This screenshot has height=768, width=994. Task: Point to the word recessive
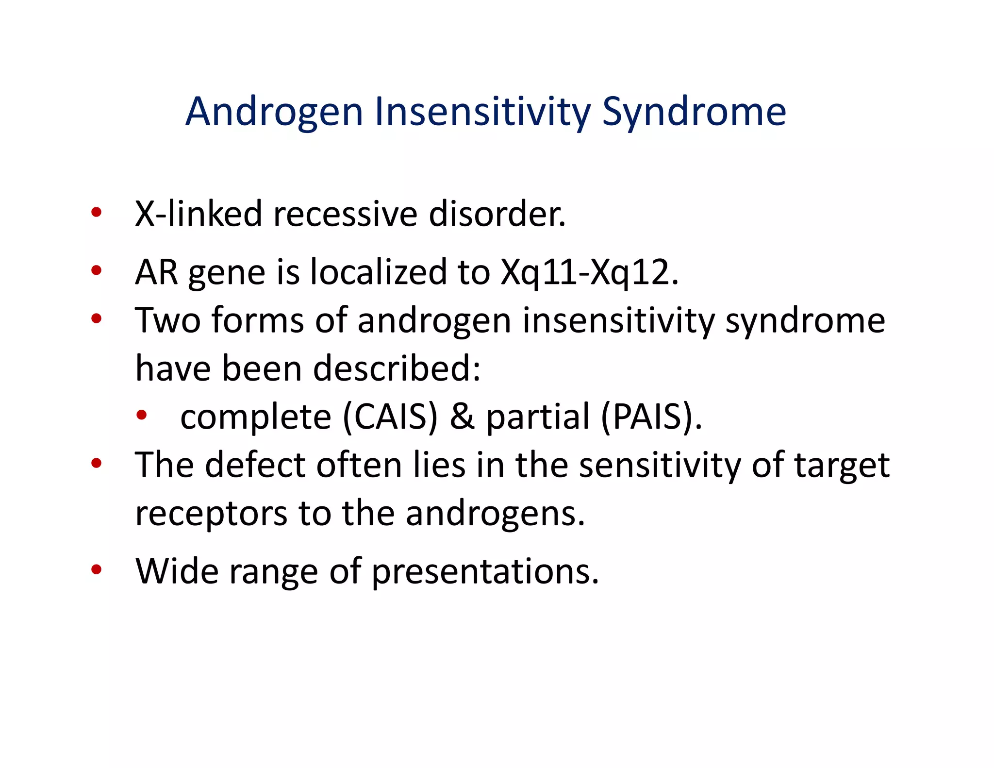click(345, 214)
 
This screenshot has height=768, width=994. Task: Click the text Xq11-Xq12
click(588, 272)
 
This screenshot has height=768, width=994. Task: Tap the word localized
click(378, 272)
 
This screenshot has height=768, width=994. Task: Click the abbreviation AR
click(156, 272)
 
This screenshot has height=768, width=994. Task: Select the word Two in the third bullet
click(167, 321)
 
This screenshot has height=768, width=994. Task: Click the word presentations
click(485, 571)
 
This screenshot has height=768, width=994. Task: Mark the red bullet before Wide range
click(96, 569)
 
